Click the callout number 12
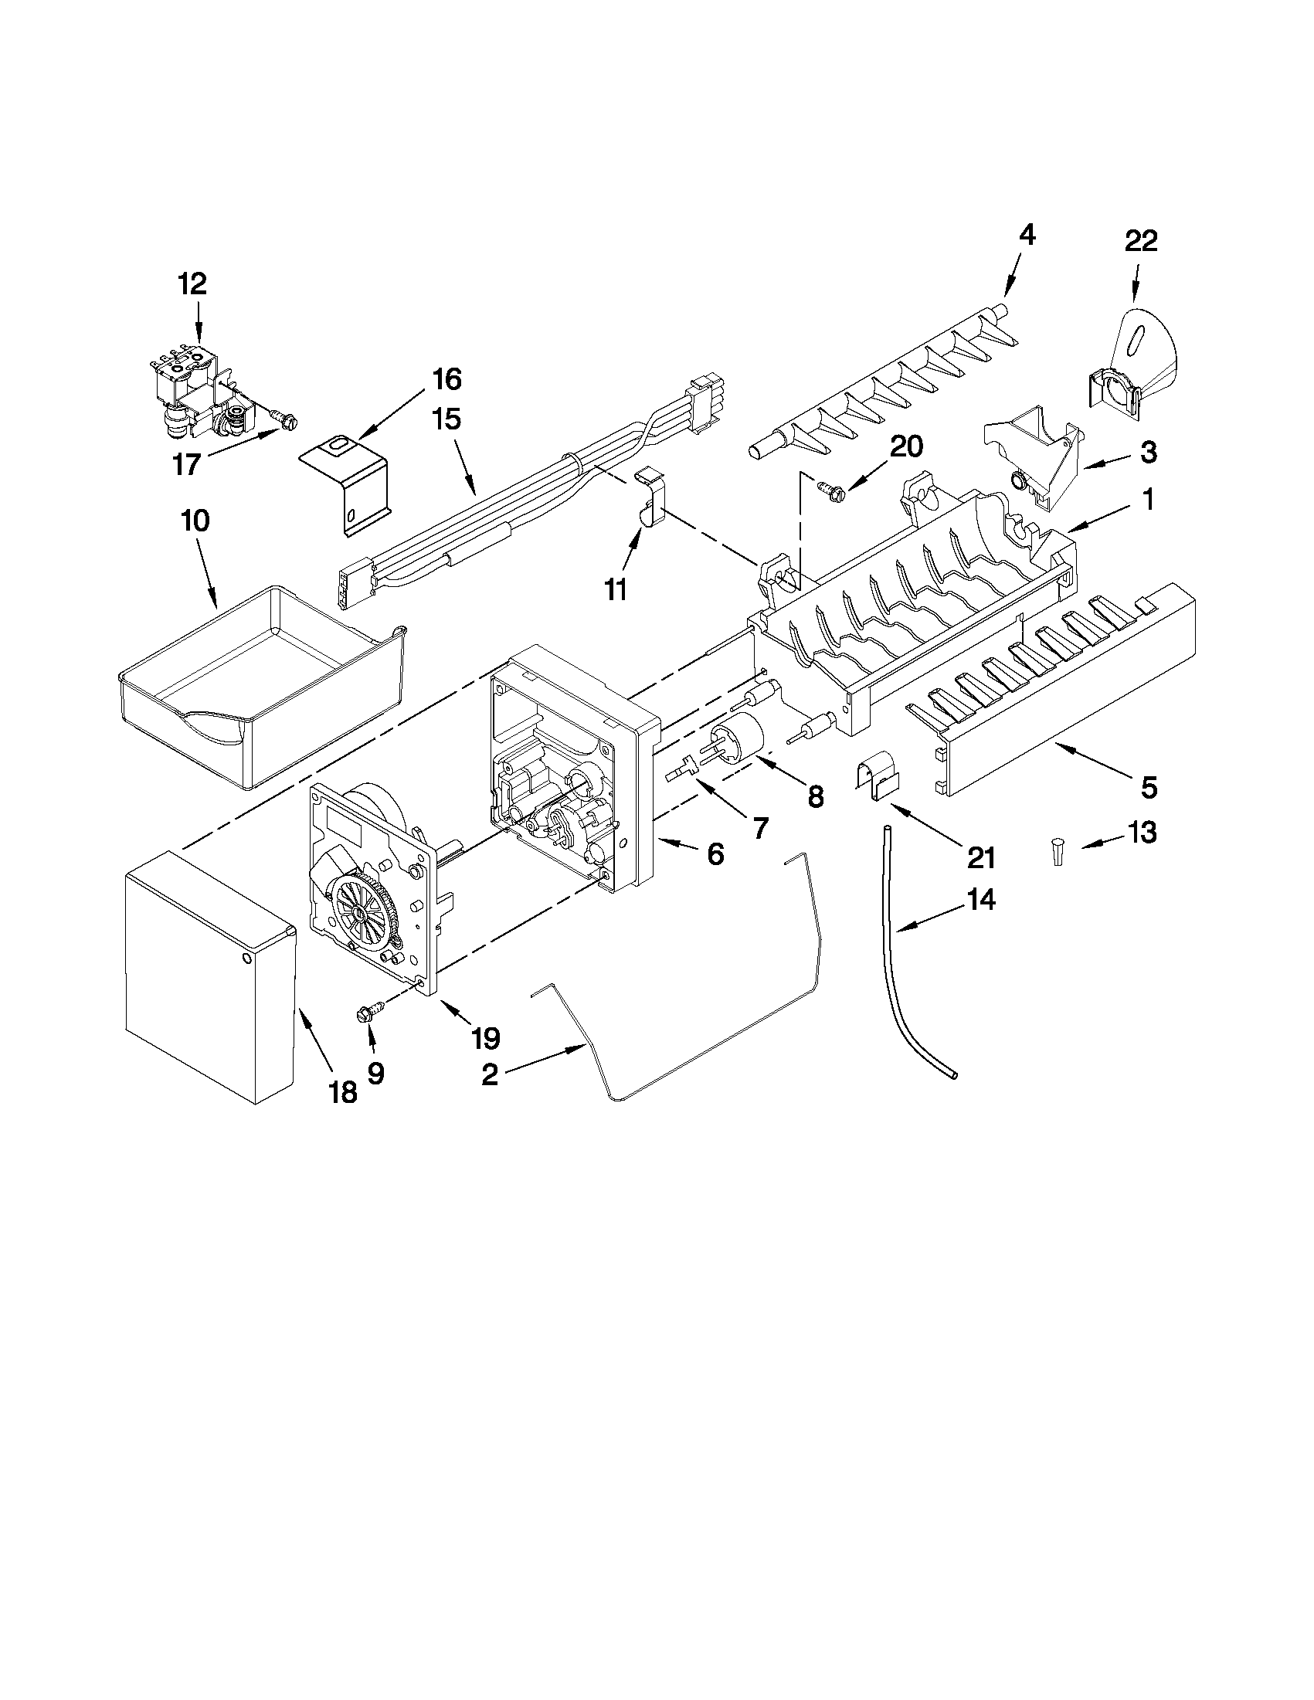pyautogui.click(x=192, y=283)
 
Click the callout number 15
pyautogui.click(x=447, y=419)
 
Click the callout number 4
pyautogui.click(x=1027, y=234)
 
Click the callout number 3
pyautogui.click(x=1148, y=452)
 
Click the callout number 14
pyautogui.click(x=980, y=901)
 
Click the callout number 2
pyautogui.click(x=490, y=1075)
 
